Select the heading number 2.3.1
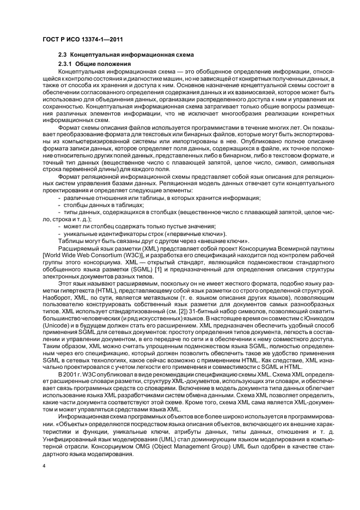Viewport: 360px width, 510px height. [66, 65]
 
